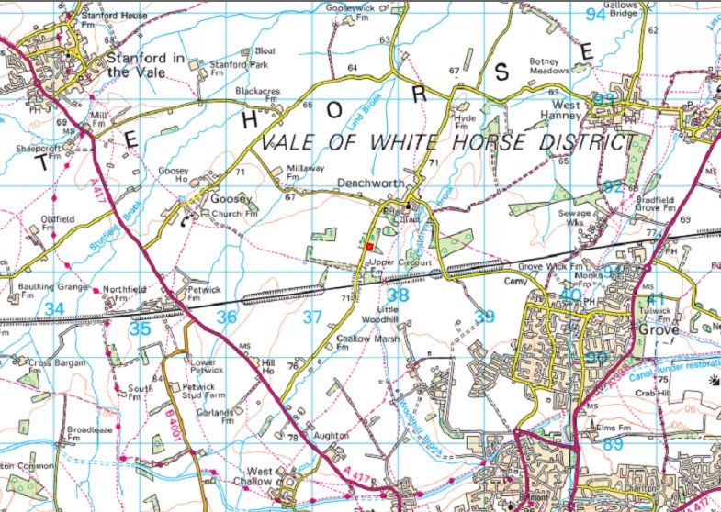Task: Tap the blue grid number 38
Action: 397,295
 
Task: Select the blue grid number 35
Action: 140,328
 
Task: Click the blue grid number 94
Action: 596,14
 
